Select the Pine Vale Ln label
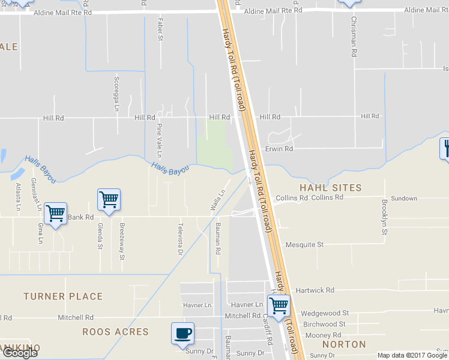(x=160, y=137)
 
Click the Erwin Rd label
(x=279, y=148)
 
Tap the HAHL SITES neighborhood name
(x=331, y=188)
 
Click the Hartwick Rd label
(x=315, y=290)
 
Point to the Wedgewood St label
(x=325, y=313)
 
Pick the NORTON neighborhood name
(x=344, y=344)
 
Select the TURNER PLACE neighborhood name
(x=63, y=296)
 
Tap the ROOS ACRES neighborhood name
(x=115, y=332)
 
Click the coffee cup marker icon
(x=182, y=333)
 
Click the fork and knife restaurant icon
(x=445, y=148)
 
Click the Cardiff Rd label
(x=268, y=331)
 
